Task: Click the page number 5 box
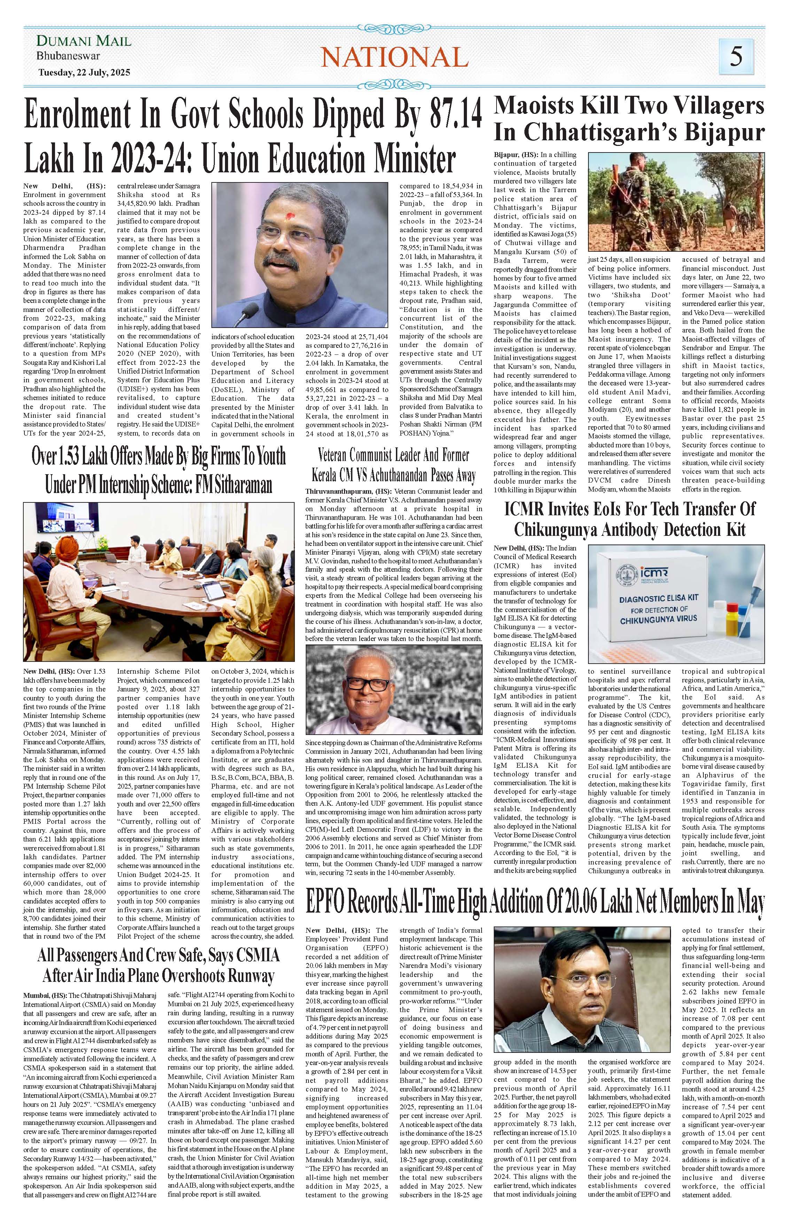[x=735, y=56]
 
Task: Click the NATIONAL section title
[x=395, y=57]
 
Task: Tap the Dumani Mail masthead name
[x=84, y=41]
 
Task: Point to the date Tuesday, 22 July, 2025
[x=84, y=73]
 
